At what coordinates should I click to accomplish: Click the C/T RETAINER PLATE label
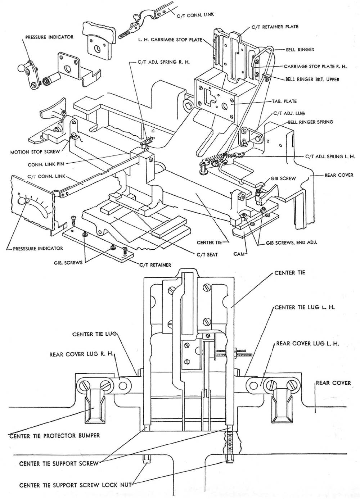click(x=275, y=27)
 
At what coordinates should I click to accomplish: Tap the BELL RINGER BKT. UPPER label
click(x=312, y=79)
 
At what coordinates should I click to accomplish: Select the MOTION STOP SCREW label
click(x=35, y=152)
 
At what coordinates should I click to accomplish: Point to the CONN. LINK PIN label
click(x=46, y=164)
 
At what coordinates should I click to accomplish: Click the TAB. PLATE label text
click(x=284, y=101)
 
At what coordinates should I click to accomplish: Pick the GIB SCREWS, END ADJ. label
click(x=291, y=242)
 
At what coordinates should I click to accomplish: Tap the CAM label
click(x=239, y=254)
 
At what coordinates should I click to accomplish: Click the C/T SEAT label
click(x=207, y=255)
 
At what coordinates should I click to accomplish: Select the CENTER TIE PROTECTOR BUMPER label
click(x=54, y=436)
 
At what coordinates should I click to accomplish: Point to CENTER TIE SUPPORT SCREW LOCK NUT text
click(x=75, y=485)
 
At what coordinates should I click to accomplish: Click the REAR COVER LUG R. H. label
click(x=81, y=354)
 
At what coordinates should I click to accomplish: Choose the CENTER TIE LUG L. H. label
click(x=305, y=308)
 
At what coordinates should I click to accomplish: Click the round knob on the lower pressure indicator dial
click(x=22, y=201)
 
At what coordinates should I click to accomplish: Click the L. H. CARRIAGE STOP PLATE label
click(x=170, y=40)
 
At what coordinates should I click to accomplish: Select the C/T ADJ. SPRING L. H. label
click(x=330, y=156)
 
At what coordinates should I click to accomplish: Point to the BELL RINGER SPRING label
click(x=310, y=122)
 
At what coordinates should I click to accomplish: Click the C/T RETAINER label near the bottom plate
click(x=155, y=265)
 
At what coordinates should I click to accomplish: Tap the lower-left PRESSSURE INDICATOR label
click(x=38, y=248)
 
